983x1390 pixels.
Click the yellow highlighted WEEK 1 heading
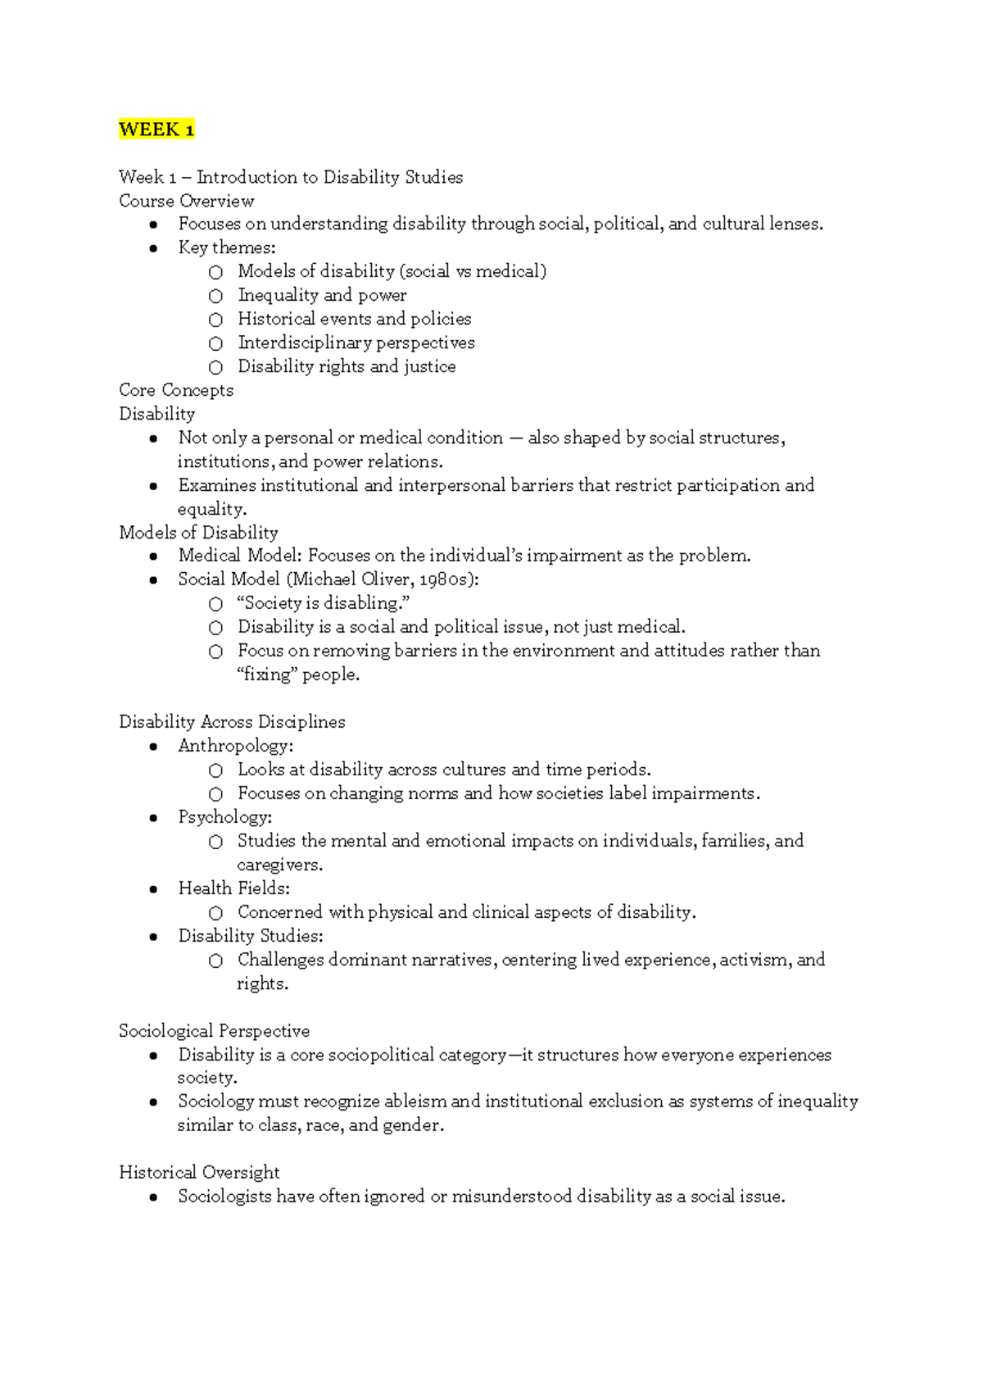pyautogui.click(x=156, y=129)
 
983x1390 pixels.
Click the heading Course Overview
pyautogui.click(x=186, y=201)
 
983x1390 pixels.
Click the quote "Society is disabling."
pyautogui.click(x=324, y=603)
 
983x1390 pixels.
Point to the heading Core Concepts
pyautogui.click(x=176, y=390)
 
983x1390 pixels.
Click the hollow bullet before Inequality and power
pyautogui.click(x=215, y=296)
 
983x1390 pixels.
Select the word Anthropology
pyautogui.click(x=233, y=746)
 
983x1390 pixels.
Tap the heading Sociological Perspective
pyautogui.click(x=214, y=1031)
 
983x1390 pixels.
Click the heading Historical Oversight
pyautogui.click(x=199, y=1173)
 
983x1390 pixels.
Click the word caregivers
pyautogui.click(x=279, y=865)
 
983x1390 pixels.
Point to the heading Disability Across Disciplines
pyautogui.click(x=232, y=722)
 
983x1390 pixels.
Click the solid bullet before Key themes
pyautogui.click(x=153, y=248)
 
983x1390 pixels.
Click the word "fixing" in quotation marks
pyautogui.click(x=266, y=675)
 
